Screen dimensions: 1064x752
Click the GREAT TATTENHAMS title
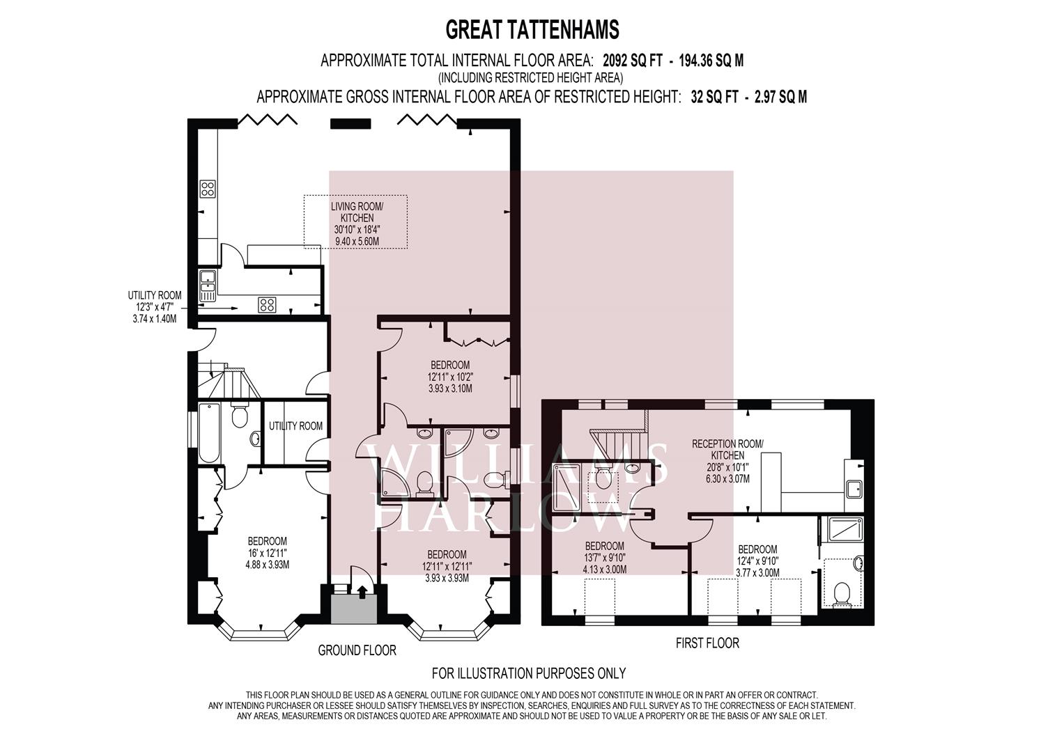tap(532, 29)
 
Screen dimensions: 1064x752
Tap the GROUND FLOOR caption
tap(357, 650)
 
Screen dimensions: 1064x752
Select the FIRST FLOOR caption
tap(707, 643)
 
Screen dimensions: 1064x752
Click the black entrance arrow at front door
tap(362, 592)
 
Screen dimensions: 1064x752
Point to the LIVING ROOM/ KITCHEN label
tap(357, 212)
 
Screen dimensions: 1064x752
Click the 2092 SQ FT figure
tap(632, 61)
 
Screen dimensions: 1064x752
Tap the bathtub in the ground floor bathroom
tap(209, 433)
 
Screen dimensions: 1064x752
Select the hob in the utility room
tap(267, 305)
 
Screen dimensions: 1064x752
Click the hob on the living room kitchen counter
tap(208, 189)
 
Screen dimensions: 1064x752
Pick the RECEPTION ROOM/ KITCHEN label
tap(727, 450)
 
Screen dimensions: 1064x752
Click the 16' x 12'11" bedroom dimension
tap(267, 553)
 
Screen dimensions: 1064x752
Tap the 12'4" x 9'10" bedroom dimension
tap(757, 561)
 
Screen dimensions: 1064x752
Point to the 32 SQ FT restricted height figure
tap(714, 97)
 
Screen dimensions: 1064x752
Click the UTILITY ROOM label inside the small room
tap(295, 426)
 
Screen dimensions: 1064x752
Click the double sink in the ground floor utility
tap(208, 285)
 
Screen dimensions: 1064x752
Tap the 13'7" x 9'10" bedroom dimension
tap(605, 557)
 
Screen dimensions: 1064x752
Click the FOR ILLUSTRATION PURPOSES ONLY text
tap(529, 673)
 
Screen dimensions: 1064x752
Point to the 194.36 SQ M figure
tap(711, 61)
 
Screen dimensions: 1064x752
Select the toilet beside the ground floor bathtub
tap(239, 415)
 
